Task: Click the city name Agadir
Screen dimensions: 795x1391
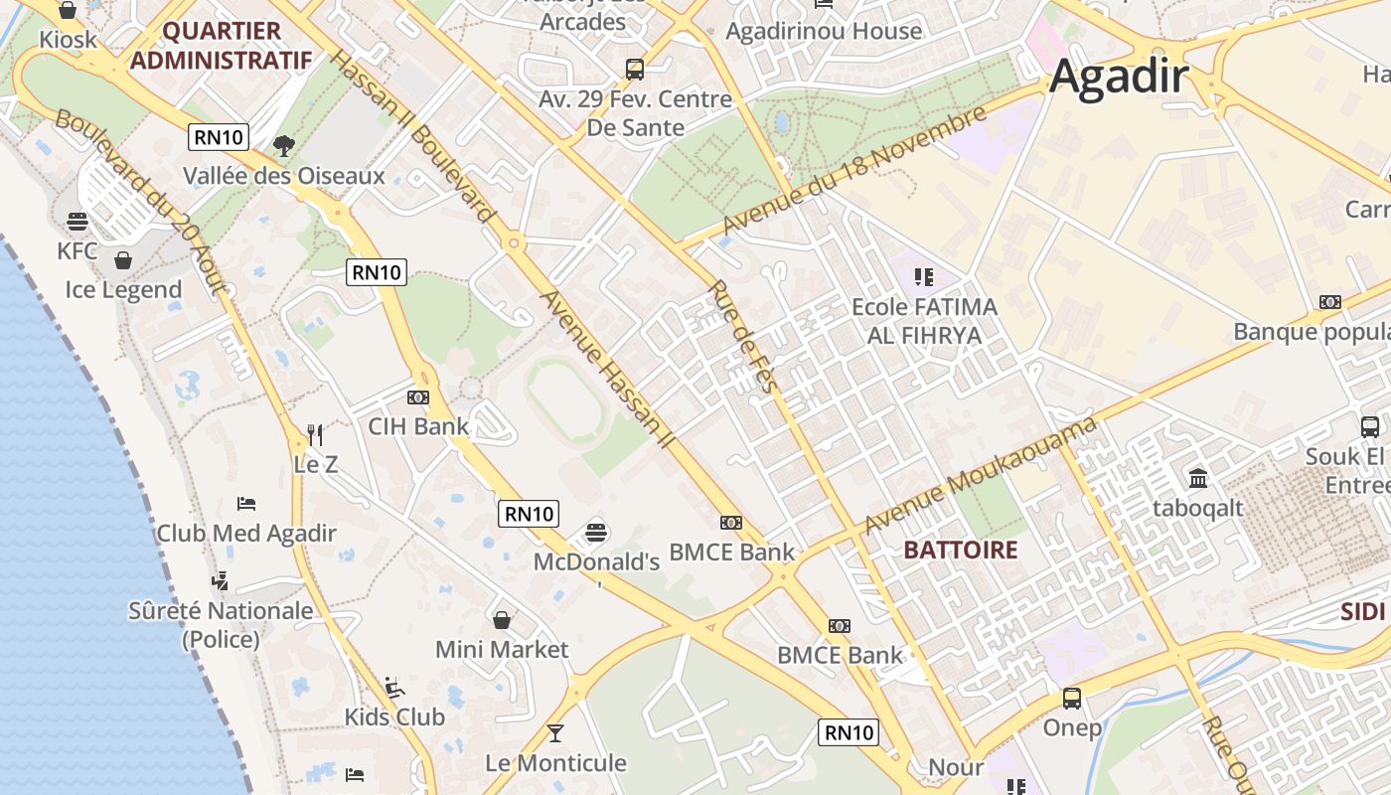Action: coord(1119,76)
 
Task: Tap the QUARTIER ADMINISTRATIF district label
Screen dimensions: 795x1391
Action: coord(221,46)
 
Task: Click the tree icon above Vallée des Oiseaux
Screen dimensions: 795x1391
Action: coord(284,146)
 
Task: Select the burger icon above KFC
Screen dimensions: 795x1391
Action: coord(77,221)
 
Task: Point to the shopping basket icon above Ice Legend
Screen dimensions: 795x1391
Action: coord(123,260)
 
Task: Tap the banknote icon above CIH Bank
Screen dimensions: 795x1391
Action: coord(418,397)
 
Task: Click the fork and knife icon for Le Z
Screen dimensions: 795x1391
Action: coord(315,434)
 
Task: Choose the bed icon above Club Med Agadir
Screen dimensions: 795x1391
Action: coord(246,504)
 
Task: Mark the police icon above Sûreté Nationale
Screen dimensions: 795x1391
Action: coord(221,580)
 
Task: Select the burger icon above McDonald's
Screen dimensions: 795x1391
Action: coord(596,532)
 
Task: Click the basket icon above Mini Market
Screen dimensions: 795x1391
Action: coord(502,620)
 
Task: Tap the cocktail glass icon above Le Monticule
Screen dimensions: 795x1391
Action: coord(555,733)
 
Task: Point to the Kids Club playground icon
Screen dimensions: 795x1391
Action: coord(394,687)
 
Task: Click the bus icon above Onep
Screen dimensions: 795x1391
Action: coord(1072,699)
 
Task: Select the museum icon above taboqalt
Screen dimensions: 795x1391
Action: coord(1198,478)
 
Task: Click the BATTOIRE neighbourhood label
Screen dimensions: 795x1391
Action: coord(961,550)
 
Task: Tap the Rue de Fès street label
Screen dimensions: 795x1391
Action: coord(741,337)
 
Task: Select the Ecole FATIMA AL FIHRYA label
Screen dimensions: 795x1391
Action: coord(924,321)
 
